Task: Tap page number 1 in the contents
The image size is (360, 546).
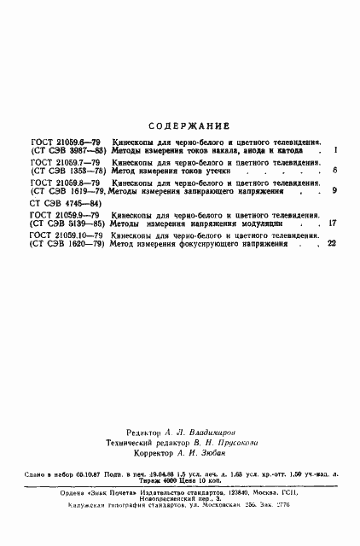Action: click(x=336, y=150)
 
